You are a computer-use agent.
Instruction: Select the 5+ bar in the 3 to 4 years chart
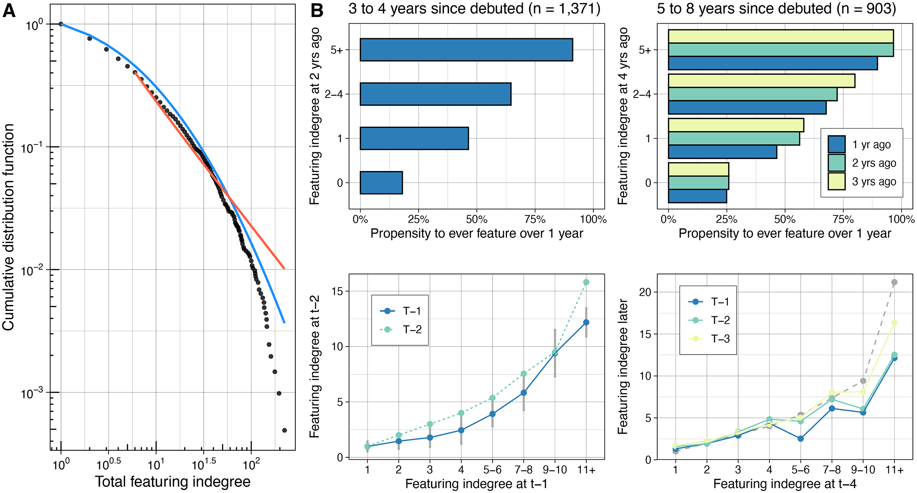pyautogui.click(x=466, y=50)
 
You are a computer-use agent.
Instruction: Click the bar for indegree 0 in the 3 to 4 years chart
pyautogui.click(x=381, y=183)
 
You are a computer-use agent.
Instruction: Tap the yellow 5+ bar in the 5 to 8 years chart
pyautogui.click(x=780, y=36)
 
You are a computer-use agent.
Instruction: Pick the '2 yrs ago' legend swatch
pyautogui.click(x=837, y=163)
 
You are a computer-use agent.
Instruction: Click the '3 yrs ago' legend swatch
pyautogui.click(x=837, y=181)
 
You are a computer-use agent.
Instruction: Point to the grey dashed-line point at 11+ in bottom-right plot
pyautogui.click(x=894, y=282)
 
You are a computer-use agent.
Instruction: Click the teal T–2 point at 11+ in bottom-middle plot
pyautogui.click(x=586, y=282)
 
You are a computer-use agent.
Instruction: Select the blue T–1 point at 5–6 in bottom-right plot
pyautogui.click(x=800, y=439)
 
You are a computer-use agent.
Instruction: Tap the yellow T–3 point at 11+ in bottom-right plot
pyautogui.click(x=894, y=323)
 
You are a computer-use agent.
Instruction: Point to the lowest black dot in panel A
pyautogui.click(x=284, y=430)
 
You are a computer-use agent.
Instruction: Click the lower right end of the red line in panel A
pyautogui.click(x=284, y=268)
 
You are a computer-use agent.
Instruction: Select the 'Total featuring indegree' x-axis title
pyautogui.click(x=173, y=482)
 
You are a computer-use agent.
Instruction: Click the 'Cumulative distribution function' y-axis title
pyautogui.click(x=8, y=227)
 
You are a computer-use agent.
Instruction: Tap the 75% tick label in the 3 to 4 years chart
pyautogui.click(x=535, y=219)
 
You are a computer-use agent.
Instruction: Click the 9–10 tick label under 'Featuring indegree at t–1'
pyautogui.click(x=555, y=470)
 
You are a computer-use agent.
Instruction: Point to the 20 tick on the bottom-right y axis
pyautogui.click(x=645, y=292)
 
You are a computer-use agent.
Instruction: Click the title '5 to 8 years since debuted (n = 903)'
pyautogui.click(x=776, y=9)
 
